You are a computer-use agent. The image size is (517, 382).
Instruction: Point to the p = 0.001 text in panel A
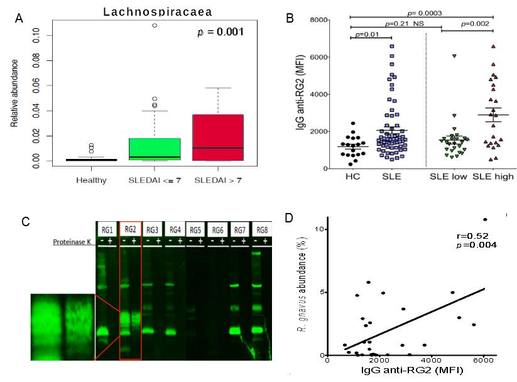tap(220, 31)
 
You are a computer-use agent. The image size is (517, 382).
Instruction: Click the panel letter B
tap(290, 18)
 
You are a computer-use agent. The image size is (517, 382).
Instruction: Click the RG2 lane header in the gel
tap(130, 229)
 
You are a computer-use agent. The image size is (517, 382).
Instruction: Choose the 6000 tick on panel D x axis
tap(484, 360)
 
